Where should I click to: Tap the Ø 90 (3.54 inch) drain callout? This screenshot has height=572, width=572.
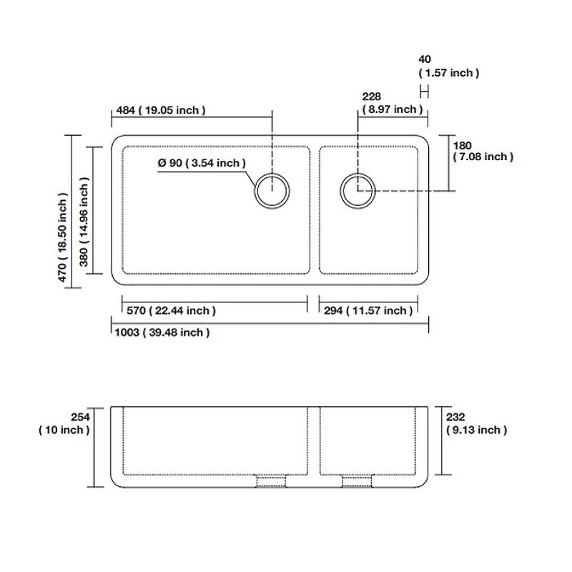click(202, 163)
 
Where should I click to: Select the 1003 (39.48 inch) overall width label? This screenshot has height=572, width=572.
click(162, 332)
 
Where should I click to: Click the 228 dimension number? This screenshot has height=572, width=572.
click(372, 97)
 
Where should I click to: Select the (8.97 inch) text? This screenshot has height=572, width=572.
click(392, 109)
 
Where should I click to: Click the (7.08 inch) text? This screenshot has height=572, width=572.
click(483, 157)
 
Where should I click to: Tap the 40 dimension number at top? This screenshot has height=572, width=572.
click(425, 59)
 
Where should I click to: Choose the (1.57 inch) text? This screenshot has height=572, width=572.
click(449, 72)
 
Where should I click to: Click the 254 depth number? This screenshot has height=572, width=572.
click(80, 417)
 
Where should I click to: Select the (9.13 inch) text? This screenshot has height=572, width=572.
click(476, 430)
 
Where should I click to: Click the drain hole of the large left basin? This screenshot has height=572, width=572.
click(272, 190)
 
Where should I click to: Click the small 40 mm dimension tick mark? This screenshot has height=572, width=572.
click(425, 91)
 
